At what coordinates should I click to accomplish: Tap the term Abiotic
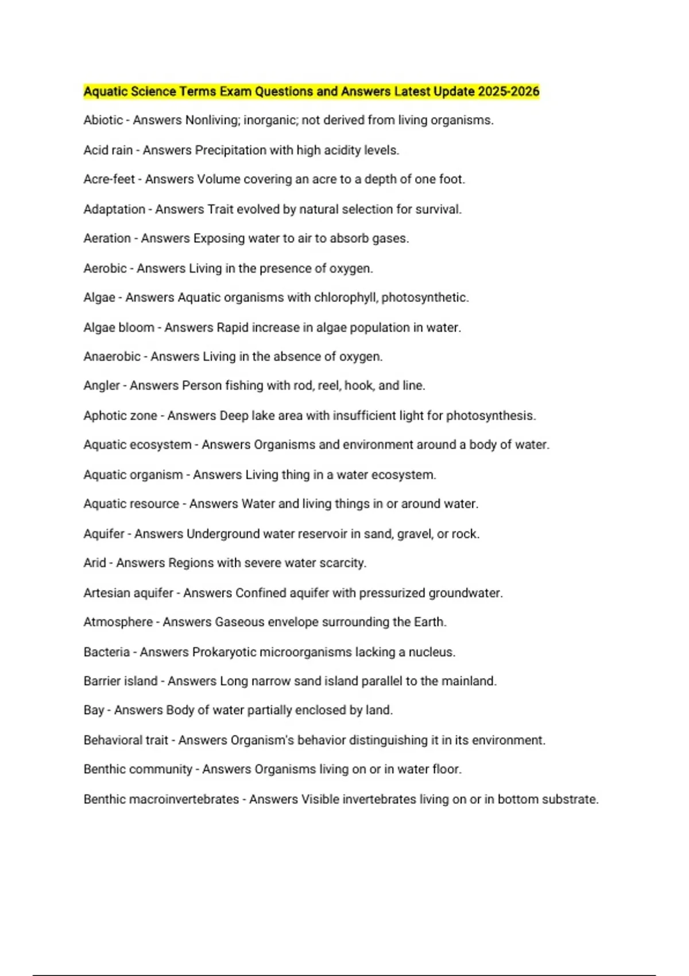[103, 121]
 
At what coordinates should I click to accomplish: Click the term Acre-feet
[109, 180]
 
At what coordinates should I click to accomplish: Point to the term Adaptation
[114, 210]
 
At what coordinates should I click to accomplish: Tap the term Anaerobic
[112, 357]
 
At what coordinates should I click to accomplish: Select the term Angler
[102, 386]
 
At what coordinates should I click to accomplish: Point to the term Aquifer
[104, 534]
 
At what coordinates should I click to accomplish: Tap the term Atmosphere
[118, 622]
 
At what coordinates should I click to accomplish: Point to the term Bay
[94, 711]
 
